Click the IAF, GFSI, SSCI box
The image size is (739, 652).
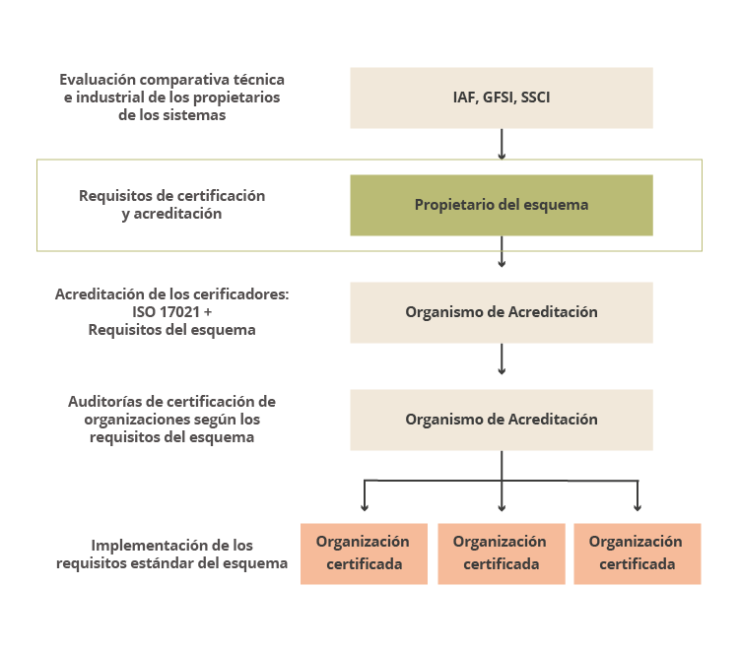coord(502,98)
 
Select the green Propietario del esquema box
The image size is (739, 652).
coord(502,206)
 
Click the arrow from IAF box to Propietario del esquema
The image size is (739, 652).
coord(502,144)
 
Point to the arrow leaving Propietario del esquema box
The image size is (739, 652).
coord(502,251)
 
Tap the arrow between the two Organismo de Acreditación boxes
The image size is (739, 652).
coord(502,359)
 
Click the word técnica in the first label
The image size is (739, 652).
coord(259,79)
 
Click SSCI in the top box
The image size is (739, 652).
coord(535,98)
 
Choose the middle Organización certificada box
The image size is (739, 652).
coord(502,554)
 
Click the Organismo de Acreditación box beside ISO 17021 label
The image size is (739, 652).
coord(502,313)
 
